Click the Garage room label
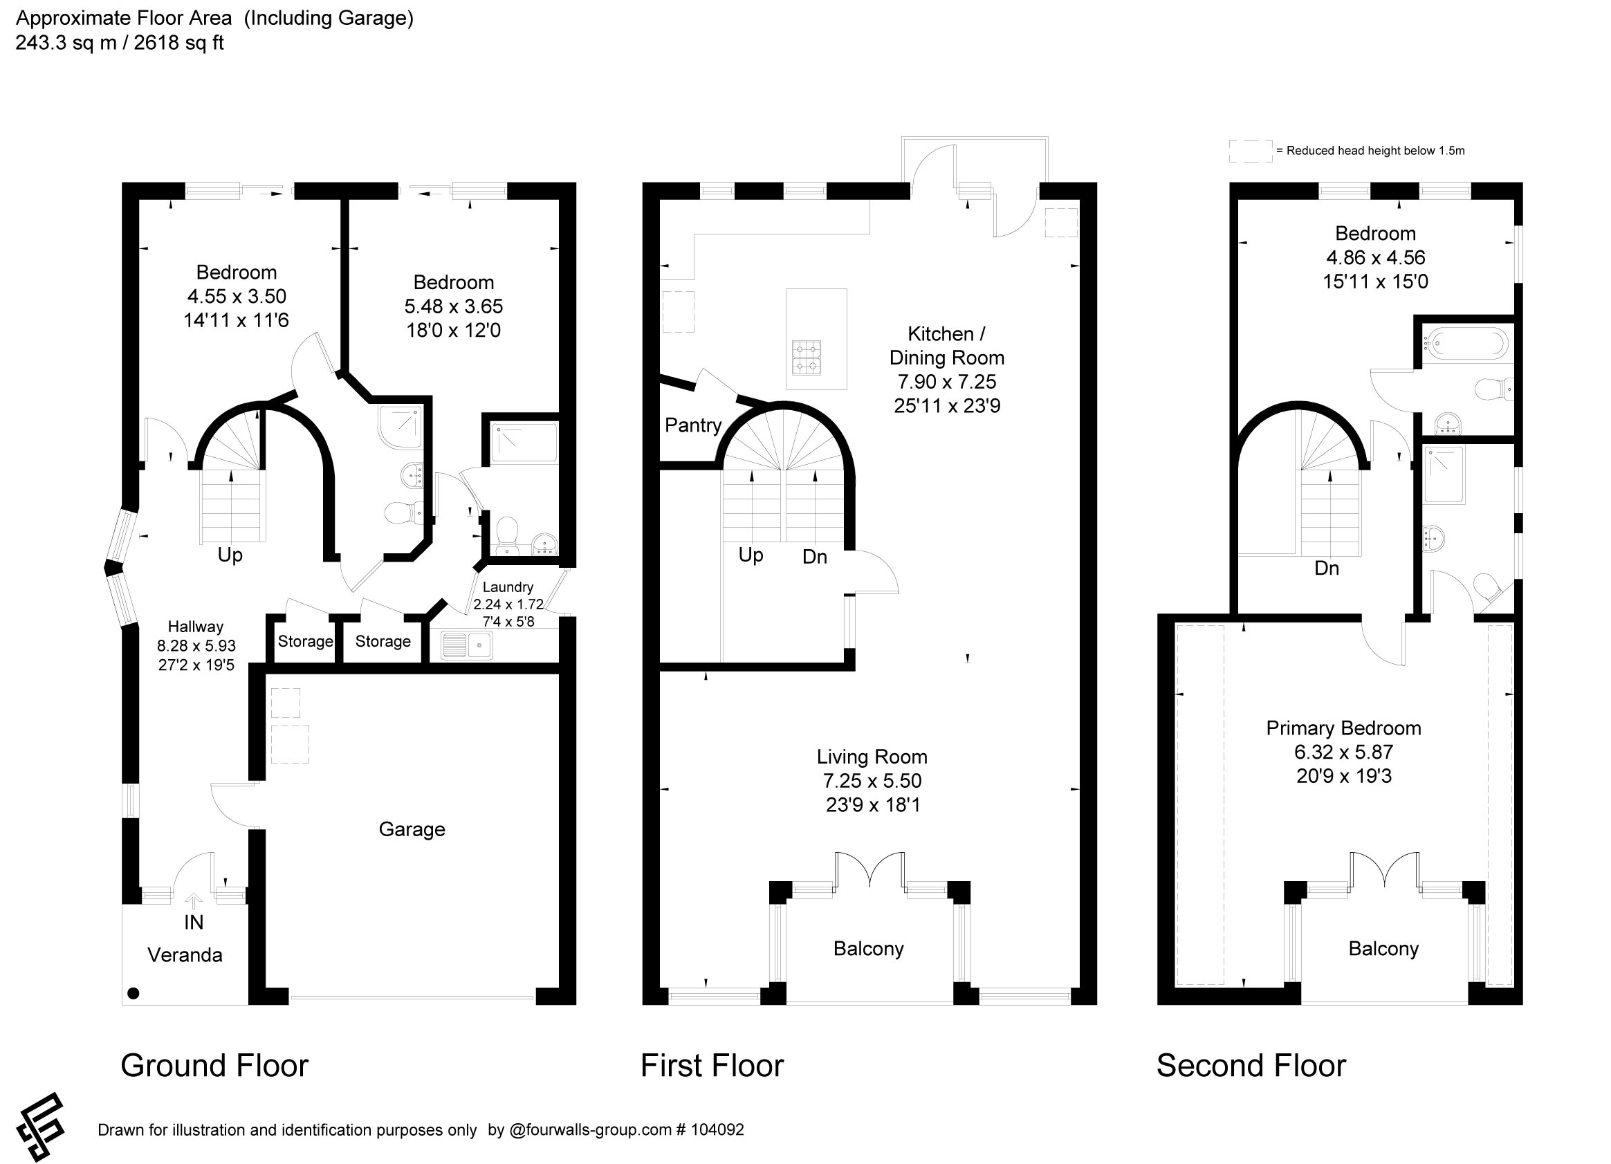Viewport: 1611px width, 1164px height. tap(412, 829)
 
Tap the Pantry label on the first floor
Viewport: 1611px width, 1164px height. tap(693, 425)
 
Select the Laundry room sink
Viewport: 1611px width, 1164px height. tap(467, 645)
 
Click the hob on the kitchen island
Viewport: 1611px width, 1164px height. tap(807, 358)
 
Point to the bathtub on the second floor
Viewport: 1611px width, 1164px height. tap(1464, 344)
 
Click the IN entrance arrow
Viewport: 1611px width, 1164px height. tap(193, 900)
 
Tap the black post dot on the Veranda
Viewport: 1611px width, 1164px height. tap(134, 993)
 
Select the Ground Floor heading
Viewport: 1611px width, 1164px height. tap(214, 1066)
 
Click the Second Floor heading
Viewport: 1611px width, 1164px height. tap(1251, 1066)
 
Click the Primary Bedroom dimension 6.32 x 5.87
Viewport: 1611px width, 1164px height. tap(1343, 752)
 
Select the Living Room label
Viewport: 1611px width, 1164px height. tap(872, 757)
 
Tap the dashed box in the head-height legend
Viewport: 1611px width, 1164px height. tap(1251, 151)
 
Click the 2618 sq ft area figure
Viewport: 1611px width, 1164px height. tap(178, 43)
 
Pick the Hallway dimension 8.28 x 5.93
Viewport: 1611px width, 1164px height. tap(196, 645)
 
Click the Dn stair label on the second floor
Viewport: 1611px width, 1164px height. tap(1327, 568)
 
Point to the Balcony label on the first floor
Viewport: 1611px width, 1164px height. tap(868, 949)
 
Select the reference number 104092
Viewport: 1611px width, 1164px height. tap(717, 1129)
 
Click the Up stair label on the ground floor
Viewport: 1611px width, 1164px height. tap(230, 555)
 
